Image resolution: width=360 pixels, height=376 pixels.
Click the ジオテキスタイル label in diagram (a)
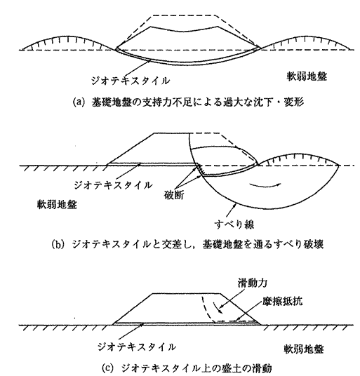tap(131, 81)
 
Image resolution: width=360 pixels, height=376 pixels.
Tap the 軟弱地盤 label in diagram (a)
tap(307, 76)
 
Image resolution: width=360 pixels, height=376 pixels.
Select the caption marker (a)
tap(79, 102)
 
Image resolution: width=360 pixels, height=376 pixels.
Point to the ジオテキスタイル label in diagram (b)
tap(113, 185)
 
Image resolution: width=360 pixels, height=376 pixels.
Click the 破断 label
tap(174, 196)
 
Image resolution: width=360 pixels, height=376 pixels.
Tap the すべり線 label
tap(234, 224)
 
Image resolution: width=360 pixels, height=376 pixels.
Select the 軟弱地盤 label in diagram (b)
tap(57, 205)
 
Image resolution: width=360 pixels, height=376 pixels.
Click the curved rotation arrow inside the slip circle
tap(265, 184)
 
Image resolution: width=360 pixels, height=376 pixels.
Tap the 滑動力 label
tap(253, 283)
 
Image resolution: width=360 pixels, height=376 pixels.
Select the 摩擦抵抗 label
tap(283, 302)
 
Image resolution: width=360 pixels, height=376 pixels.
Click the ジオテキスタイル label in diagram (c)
tap(137, 347)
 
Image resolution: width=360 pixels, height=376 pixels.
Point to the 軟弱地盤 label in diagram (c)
tap(304, 349)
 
